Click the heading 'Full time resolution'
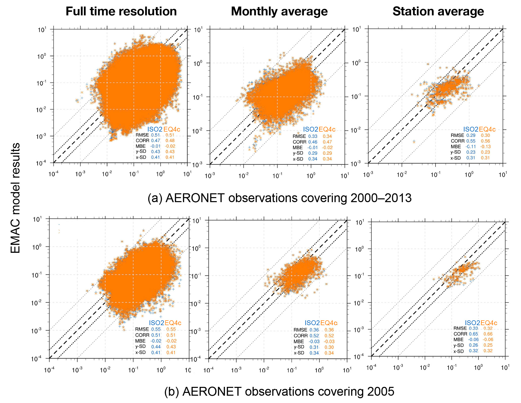[x=121, y=12]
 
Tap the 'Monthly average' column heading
[x=279, y=12]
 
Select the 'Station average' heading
[x=438, y=12]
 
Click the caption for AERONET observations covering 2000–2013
[x=279, y=198]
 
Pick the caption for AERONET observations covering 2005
[x=279, y=391]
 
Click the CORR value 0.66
[x=488, y=334]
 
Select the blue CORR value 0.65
[x=473, y=334]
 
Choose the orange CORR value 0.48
[x=170, y=141]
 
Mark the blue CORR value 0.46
[x=313, y=142]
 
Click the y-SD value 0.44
[x=156, y=347]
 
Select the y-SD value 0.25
[x=488, y=345]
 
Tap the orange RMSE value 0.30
[x=485, y=135]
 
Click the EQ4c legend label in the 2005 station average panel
[x=488, y=323]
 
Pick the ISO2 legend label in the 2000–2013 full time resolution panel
[x=155, y=130]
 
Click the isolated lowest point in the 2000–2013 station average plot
[x=414, y=142]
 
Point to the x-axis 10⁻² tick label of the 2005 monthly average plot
[x=264, y=370]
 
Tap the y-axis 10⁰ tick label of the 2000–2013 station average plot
[x=356, y=63]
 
